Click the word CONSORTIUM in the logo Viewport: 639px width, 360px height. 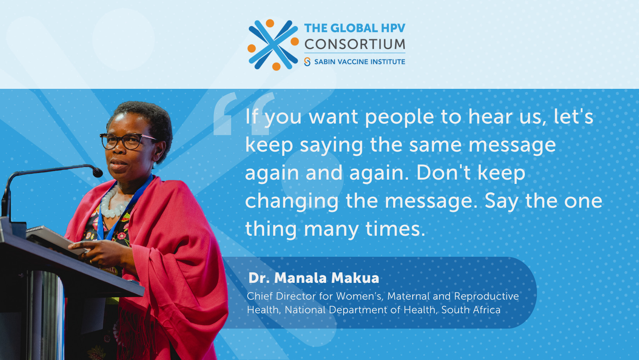pos(355,44)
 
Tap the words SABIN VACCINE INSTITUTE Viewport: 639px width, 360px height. pos(360,62)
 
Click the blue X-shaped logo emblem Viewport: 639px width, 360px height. pos(273,45)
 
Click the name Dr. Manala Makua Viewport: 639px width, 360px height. pos(314,278)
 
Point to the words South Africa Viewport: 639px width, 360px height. pos(471,310)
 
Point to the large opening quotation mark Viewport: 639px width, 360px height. pos(244,113)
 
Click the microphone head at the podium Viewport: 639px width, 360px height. pos(97,172)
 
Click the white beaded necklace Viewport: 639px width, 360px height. pos(113,203)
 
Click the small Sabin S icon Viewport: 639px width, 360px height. pos(307,62)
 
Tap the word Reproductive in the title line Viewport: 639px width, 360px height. pos(486,296)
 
